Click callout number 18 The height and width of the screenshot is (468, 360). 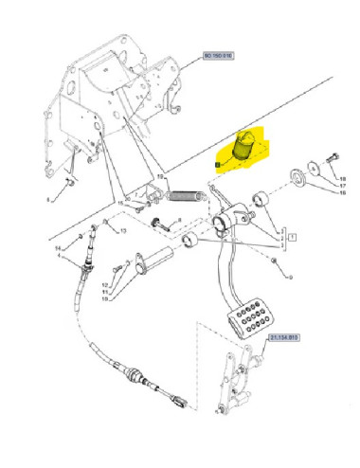[344, 179]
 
